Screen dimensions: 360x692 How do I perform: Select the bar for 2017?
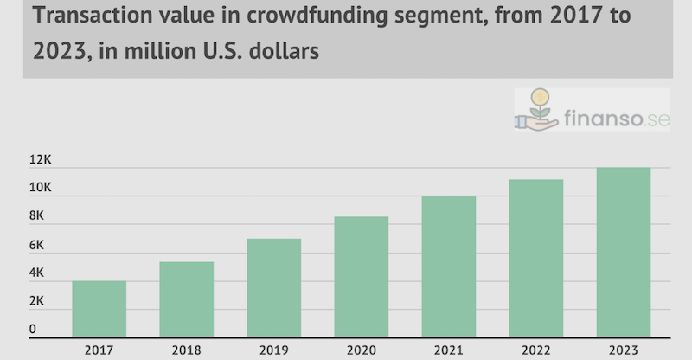click(x=99, y=308)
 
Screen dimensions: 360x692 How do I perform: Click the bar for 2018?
click(x=187, y=299)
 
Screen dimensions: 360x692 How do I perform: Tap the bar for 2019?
click(x=274, y=287)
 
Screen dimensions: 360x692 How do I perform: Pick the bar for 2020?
click(x=362, y=276)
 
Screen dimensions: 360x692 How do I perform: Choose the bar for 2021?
click(x=449, y=266)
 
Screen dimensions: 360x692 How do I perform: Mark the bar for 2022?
click(x=536, y=258)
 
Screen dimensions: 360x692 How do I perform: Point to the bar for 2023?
click(x=624, y=252)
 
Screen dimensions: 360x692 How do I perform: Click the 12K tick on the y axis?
click(x=41, y=161)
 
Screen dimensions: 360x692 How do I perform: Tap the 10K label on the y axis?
click(x=41, y=189)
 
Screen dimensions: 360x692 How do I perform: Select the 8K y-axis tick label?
click(x=37, y=217)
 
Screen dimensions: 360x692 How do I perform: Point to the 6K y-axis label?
click(x=37, y=246)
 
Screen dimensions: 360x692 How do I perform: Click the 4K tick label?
click(x=37, y=273)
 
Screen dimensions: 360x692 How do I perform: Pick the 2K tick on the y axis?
click(x=37, y=302)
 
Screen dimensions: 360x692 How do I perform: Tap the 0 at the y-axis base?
click(x=33, y=329)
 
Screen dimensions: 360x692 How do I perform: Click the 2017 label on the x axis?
click(x=99, y=350)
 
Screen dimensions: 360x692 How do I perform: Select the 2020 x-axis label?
click(x=362, y=350)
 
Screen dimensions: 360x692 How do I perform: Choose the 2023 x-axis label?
click(x=624, y=350)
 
